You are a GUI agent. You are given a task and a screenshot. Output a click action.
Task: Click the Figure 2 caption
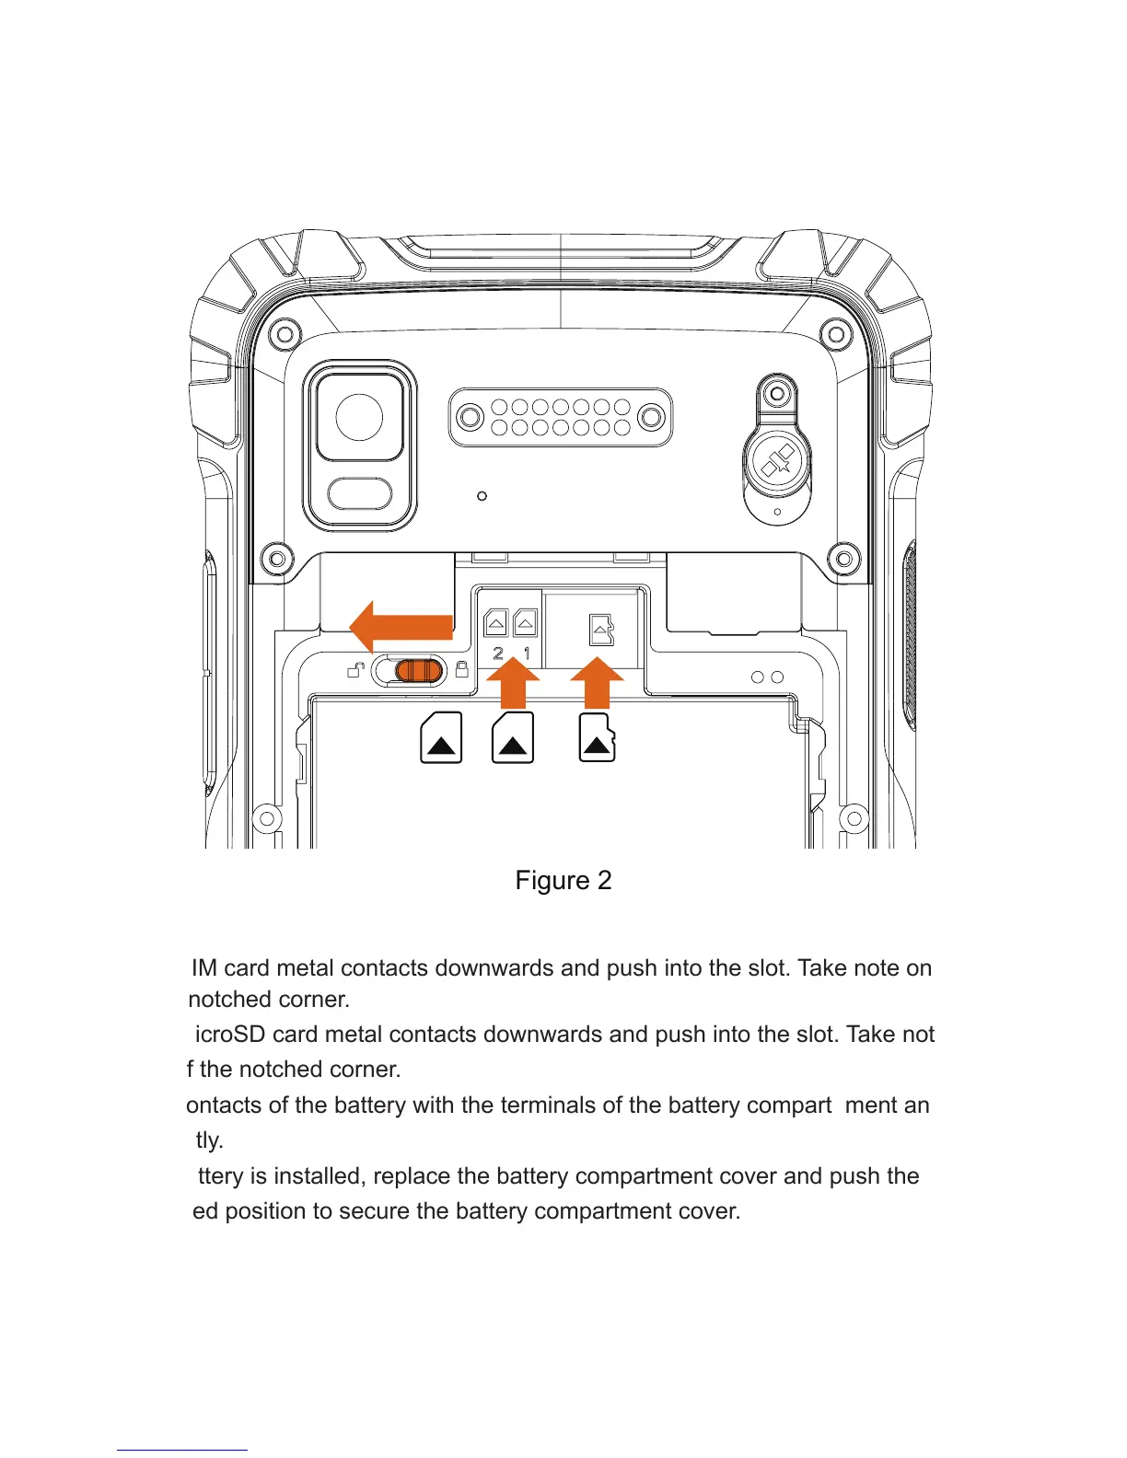tap(563, 881)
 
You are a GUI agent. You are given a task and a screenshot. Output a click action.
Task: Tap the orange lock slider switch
tap(419, 671)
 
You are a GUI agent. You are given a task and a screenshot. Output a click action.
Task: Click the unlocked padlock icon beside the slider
tap(356, 670)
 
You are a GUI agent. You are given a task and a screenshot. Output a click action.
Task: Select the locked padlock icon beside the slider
tap(462, 669)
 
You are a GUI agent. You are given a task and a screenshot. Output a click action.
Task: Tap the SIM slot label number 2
tap(498, 654)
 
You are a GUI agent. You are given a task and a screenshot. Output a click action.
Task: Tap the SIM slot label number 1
tap(527, 654)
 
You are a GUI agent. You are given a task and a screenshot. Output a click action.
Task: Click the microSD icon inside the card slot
tap(601, 631)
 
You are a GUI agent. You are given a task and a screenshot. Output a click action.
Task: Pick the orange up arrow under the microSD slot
tap(597, 687)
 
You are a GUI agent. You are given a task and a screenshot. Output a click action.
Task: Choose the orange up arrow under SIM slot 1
tap(513, 687)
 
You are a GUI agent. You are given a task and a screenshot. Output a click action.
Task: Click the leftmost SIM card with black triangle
tap(441, 737)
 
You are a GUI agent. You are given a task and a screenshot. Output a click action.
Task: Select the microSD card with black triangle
tap(597, 737)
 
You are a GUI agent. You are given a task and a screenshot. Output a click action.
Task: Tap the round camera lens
tap(359, 417)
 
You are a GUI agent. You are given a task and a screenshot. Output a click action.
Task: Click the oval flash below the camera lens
tap(359, 493)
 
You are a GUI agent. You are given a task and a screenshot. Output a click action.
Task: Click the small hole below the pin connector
tap(482, 496)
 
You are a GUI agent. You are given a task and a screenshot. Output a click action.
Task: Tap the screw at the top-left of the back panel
tap(285, 333)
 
